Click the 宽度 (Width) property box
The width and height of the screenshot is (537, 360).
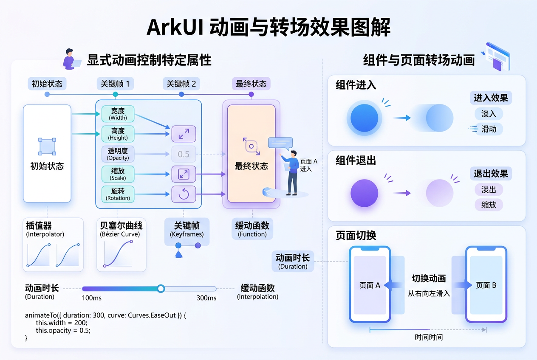(118, 114)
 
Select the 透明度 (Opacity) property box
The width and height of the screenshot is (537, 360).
(118, 154)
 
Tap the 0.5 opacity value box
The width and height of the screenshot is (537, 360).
(184, 154)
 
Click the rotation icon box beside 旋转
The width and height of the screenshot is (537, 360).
(184, 194)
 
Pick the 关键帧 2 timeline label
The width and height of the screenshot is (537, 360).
(181, 84)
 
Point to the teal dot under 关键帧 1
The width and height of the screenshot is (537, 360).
(115, 94)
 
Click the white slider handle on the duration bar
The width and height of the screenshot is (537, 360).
(161, 289)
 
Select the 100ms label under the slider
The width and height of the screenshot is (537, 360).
(92, 298)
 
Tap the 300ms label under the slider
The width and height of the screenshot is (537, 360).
(206, 298)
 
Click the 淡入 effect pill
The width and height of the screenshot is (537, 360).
(489, 114)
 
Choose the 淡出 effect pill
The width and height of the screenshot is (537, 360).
(489, 190)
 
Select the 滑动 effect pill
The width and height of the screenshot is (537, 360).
(489, 129)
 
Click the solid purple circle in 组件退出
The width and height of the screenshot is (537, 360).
(365, 193)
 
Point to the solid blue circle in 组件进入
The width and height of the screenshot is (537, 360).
(365, 118)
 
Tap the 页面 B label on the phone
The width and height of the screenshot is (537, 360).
(486, 285)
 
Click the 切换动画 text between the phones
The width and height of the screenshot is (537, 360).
(429, 278)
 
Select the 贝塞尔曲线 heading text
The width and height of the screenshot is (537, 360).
(122, 225)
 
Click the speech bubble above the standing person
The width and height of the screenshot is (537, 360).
(280, 143)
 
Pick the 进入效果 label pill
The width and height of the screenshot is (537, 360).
(491, 98)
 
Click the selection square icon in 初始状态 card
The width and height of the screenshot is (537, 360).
(47, 146)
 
